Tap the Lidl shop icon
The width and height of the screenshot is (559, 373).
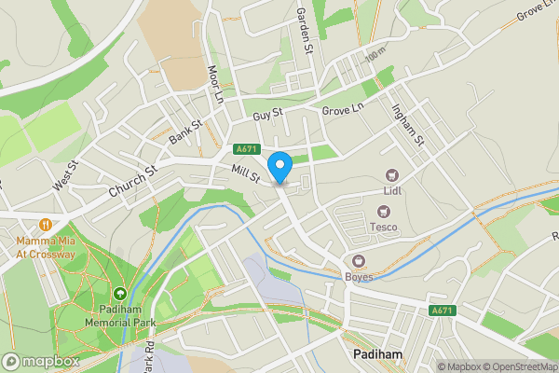click(x=392, y=174)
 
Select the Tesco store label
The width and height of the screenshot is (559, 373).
click(x=383, y=226)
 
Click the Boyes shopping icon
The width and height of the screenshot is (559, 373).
click(x=358, y=261)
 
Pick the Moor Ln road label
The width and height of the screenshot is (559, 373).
click(x=216, y=84)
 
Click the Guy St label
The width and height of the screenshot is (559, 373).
click(x=267, y=116)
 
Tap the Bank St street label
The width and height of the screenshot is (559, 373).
click(x=185, y=131)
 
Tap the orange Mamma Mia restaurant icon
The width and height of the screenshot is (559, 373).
click(x=45, y=224)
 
